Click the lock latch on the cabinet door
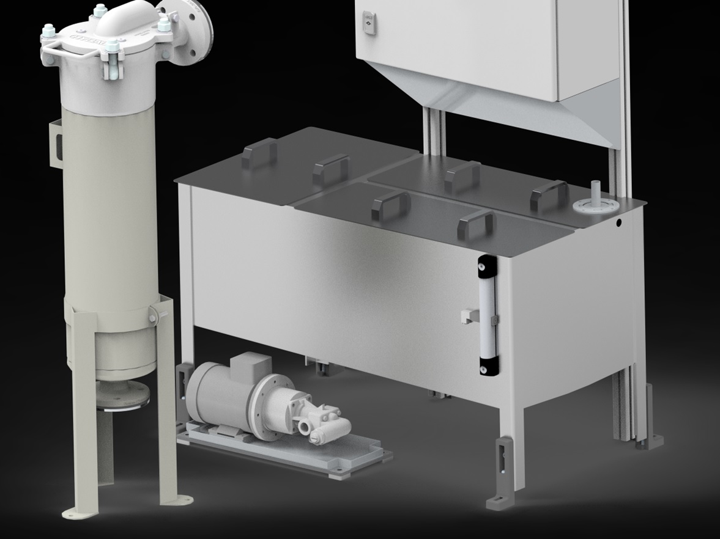click(x=368, y=23)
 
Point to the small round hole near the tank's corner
click(x=618, y=224)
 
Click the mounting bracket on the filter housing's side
click(x=56, y=143)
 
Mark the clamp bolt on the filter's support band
click(x=152, y=318)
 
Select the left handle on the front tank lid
click(x=390, y=204)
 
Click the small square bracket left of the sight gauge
click(x=469, y=315)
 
